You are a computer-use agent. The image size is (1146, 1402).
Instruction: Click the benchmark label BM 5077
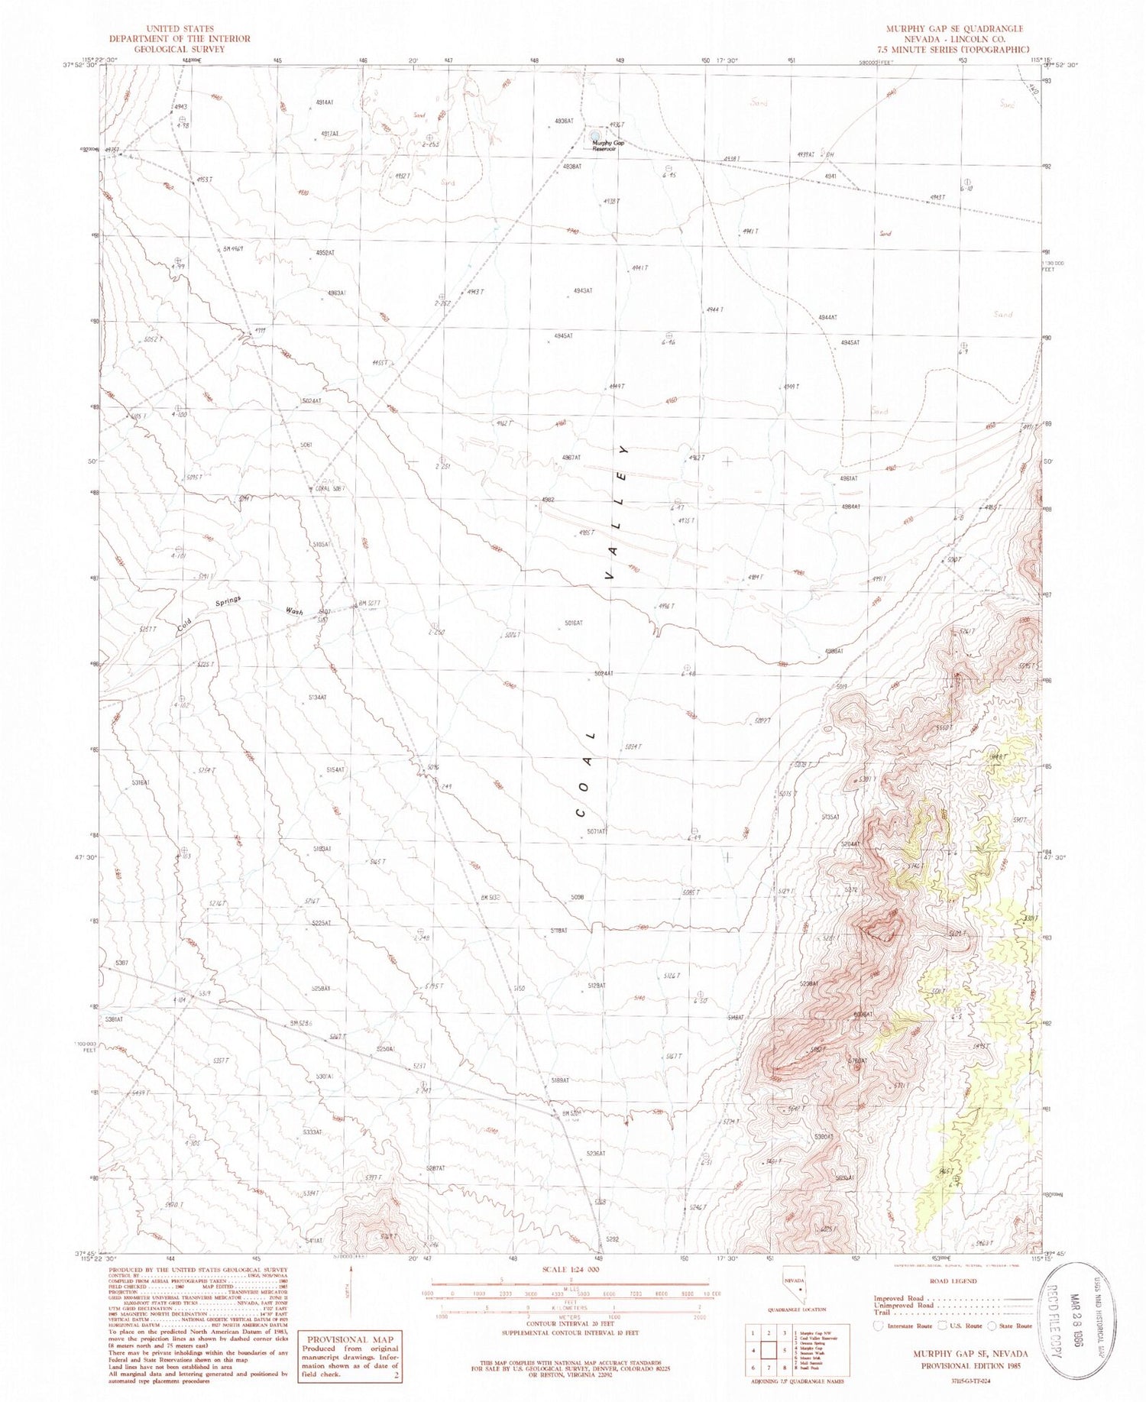pyautogui.click(x=368, y=603)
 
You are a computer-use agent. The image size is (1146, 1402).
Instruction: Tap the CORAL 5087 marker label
pyautogui.click(x=331, y=488)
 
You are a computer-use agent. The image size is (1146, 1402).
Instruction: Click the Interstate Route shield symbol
pyautogui.click(x=879, y=1326)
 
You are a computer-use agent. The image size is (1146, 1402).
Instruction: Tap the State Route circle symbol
pyautogui.click(x=992, y=1326)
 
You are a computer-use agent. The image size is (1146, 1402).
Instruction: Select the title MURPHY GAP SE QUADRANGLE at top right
pyautogui.click(x=954, y=28)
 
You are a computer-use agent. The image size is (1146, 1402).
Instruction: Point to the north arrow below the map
pyautogui.click(x=351, y=1293)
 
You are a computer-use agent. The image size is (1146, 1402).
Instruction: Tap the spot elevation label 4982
pyautogui.click(x=547, y=500)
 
